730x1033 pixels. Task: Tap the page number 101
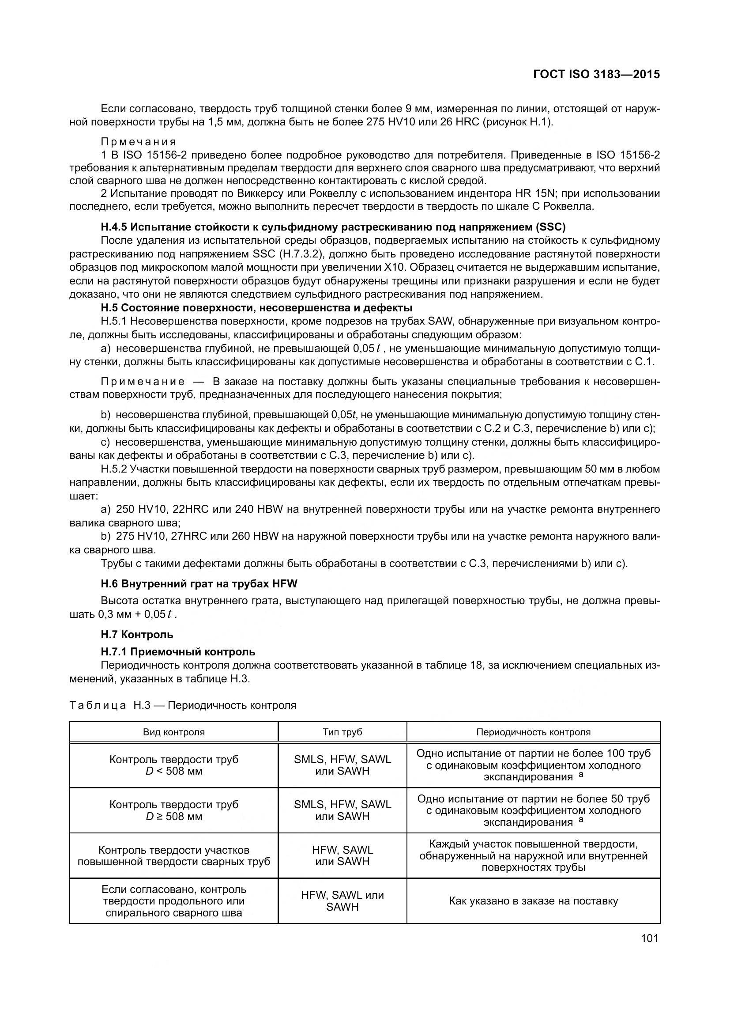coord(650,938)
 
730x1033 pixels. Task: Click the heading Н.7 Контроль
coord(137,634)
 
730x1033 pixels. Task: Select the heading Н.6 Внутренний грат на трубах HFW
coord(199,584)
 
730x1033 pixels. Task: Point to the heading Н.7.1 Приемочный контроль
coord(178,651)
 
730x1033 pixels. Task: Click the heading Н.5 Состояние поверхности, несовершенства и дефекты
coord(256,308)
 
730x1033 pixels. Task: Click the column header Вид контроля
coord(173,732)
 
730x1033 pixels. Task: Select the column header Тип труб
coord(342,732)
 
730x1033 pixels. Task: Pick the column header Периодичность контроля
coord(533,732)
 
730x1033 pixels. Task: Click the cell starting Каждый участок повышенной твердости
coord(533,856)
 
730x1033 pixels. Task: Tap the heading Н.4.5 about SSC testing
coord(333,227)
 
